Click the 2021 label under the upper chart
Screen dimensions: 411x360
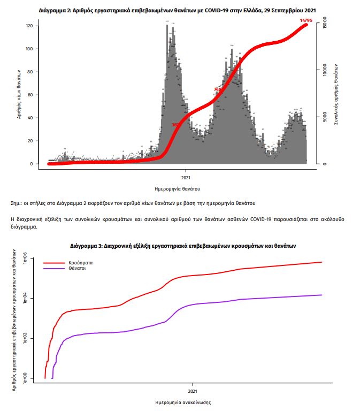pos(186,177)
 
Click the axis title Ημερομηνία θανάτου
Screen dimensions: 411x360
pos(185,188)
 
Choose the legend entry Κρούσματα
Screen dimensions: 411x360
pos(79,263)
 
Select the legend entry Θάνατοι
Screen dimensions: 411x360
pos(77,269)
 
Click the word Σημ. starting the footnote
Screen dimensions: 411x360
pos(16,203)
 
